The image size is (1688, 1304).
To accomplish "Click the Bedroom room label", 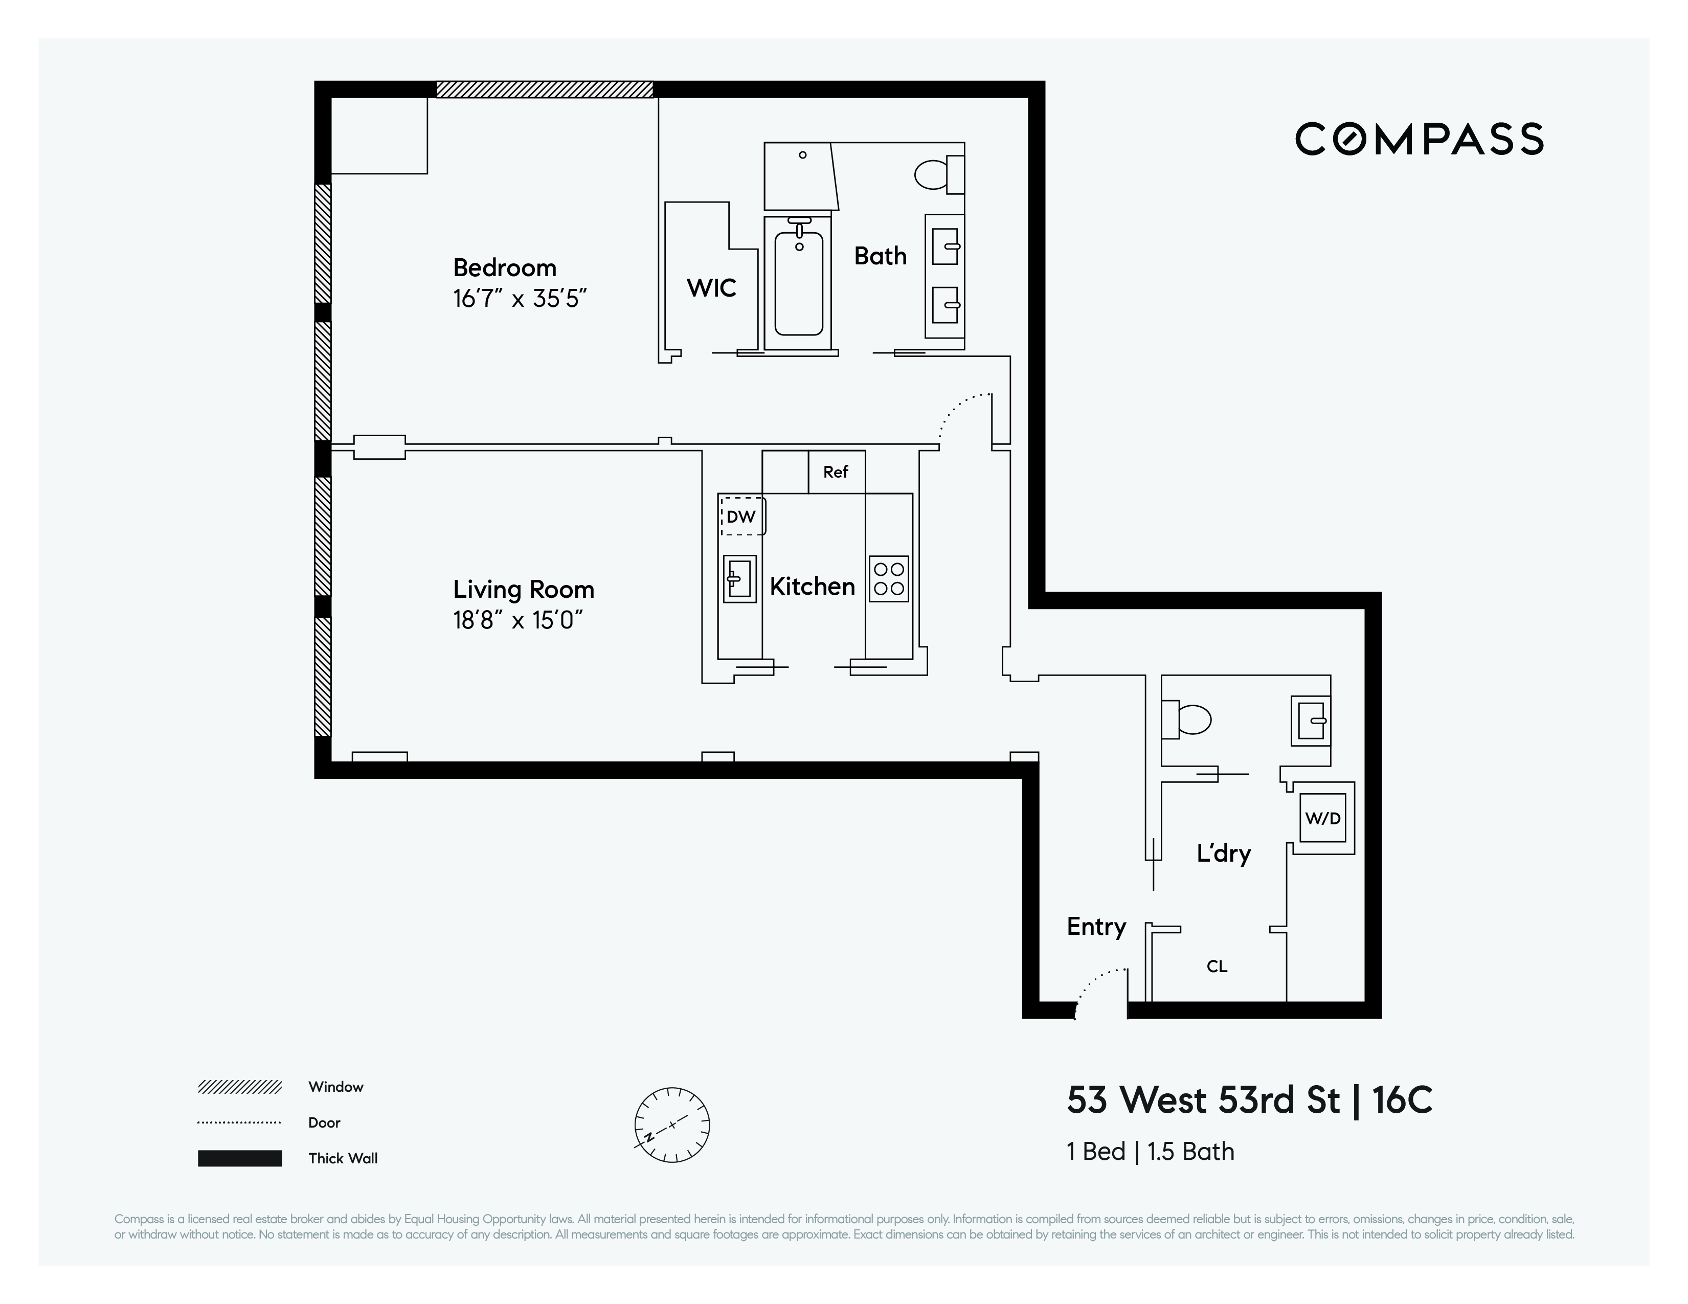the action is click(x=505, y=267).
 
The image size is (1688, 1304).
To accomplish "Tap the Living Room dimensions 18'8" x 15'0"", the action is click(x=518, y=620).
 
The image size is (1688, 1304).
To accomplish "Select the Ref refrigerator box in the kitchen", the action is click(x=836, y=471).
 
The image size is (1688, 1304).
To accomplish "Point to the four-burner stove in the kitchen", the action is click(x=889, y=578).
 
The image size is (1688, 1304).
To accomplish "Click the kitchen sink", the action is click(x=739, y=578).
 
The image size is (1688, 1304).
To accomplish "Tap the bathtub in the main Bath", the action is click(x=798, y=284).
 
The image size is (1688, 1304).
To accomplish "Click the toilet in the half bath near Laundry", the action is click(x=1186, y=720).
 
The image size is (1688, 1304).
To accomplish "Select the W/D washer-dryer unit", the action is click(x=1323, y=818).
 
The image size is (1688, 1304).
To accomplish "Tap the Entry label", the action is click(x=1096, y=927).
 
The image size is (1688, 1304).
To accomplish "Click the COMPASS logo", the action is click(x=1419, y=139).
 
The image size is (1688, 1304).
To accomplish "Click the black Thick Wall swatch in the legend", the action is click(x=240, y=1158).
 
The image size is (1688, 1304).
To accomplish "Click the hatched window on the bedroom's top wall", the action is click(x=545, y=89).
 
